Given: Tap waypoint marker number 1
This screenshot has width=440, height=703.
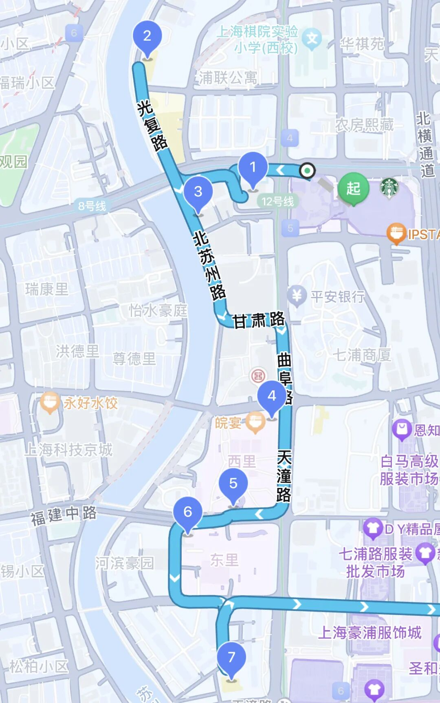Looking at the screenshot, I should [253, 167].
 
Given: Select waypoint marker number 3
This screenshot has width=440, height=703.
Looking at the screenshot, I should [198, 191].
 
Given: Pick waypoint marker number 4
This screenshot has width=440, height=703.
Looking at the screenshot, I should [272, 396].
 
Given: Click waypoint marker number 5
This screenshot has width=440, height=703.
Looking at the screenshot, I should [233, 483].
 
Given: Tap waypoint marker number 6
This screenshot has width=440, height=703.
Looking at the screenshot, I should [187, 512].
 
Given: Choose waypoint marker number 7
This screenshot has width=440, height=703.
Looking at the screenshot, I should [231, 657].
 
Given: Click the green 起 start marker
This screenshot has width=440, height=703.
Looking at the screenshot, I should [353, 189].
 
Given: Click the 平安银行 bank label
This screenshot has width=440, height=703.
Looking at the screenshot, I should [338, 297].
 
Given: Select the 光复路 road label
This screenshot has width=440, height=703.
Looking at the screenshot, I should [152, 125].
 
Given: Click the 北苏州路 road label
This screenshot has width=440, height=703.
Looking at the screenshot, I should [209, 265].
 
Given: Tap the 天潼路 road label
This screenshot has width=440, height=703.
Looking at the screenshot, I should [284, 476].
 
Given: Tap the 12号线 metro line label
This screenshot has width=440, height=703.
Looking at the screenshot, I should [277, 201].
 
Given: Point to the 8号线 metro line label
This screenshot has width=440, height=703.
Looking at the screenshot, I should [92, 206].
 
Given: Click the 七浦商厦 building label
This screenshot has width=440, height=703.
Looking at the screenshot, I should [362, 355].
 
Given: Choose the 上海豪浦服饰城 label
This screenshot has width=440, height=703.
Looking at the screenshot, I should [370, 633].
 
